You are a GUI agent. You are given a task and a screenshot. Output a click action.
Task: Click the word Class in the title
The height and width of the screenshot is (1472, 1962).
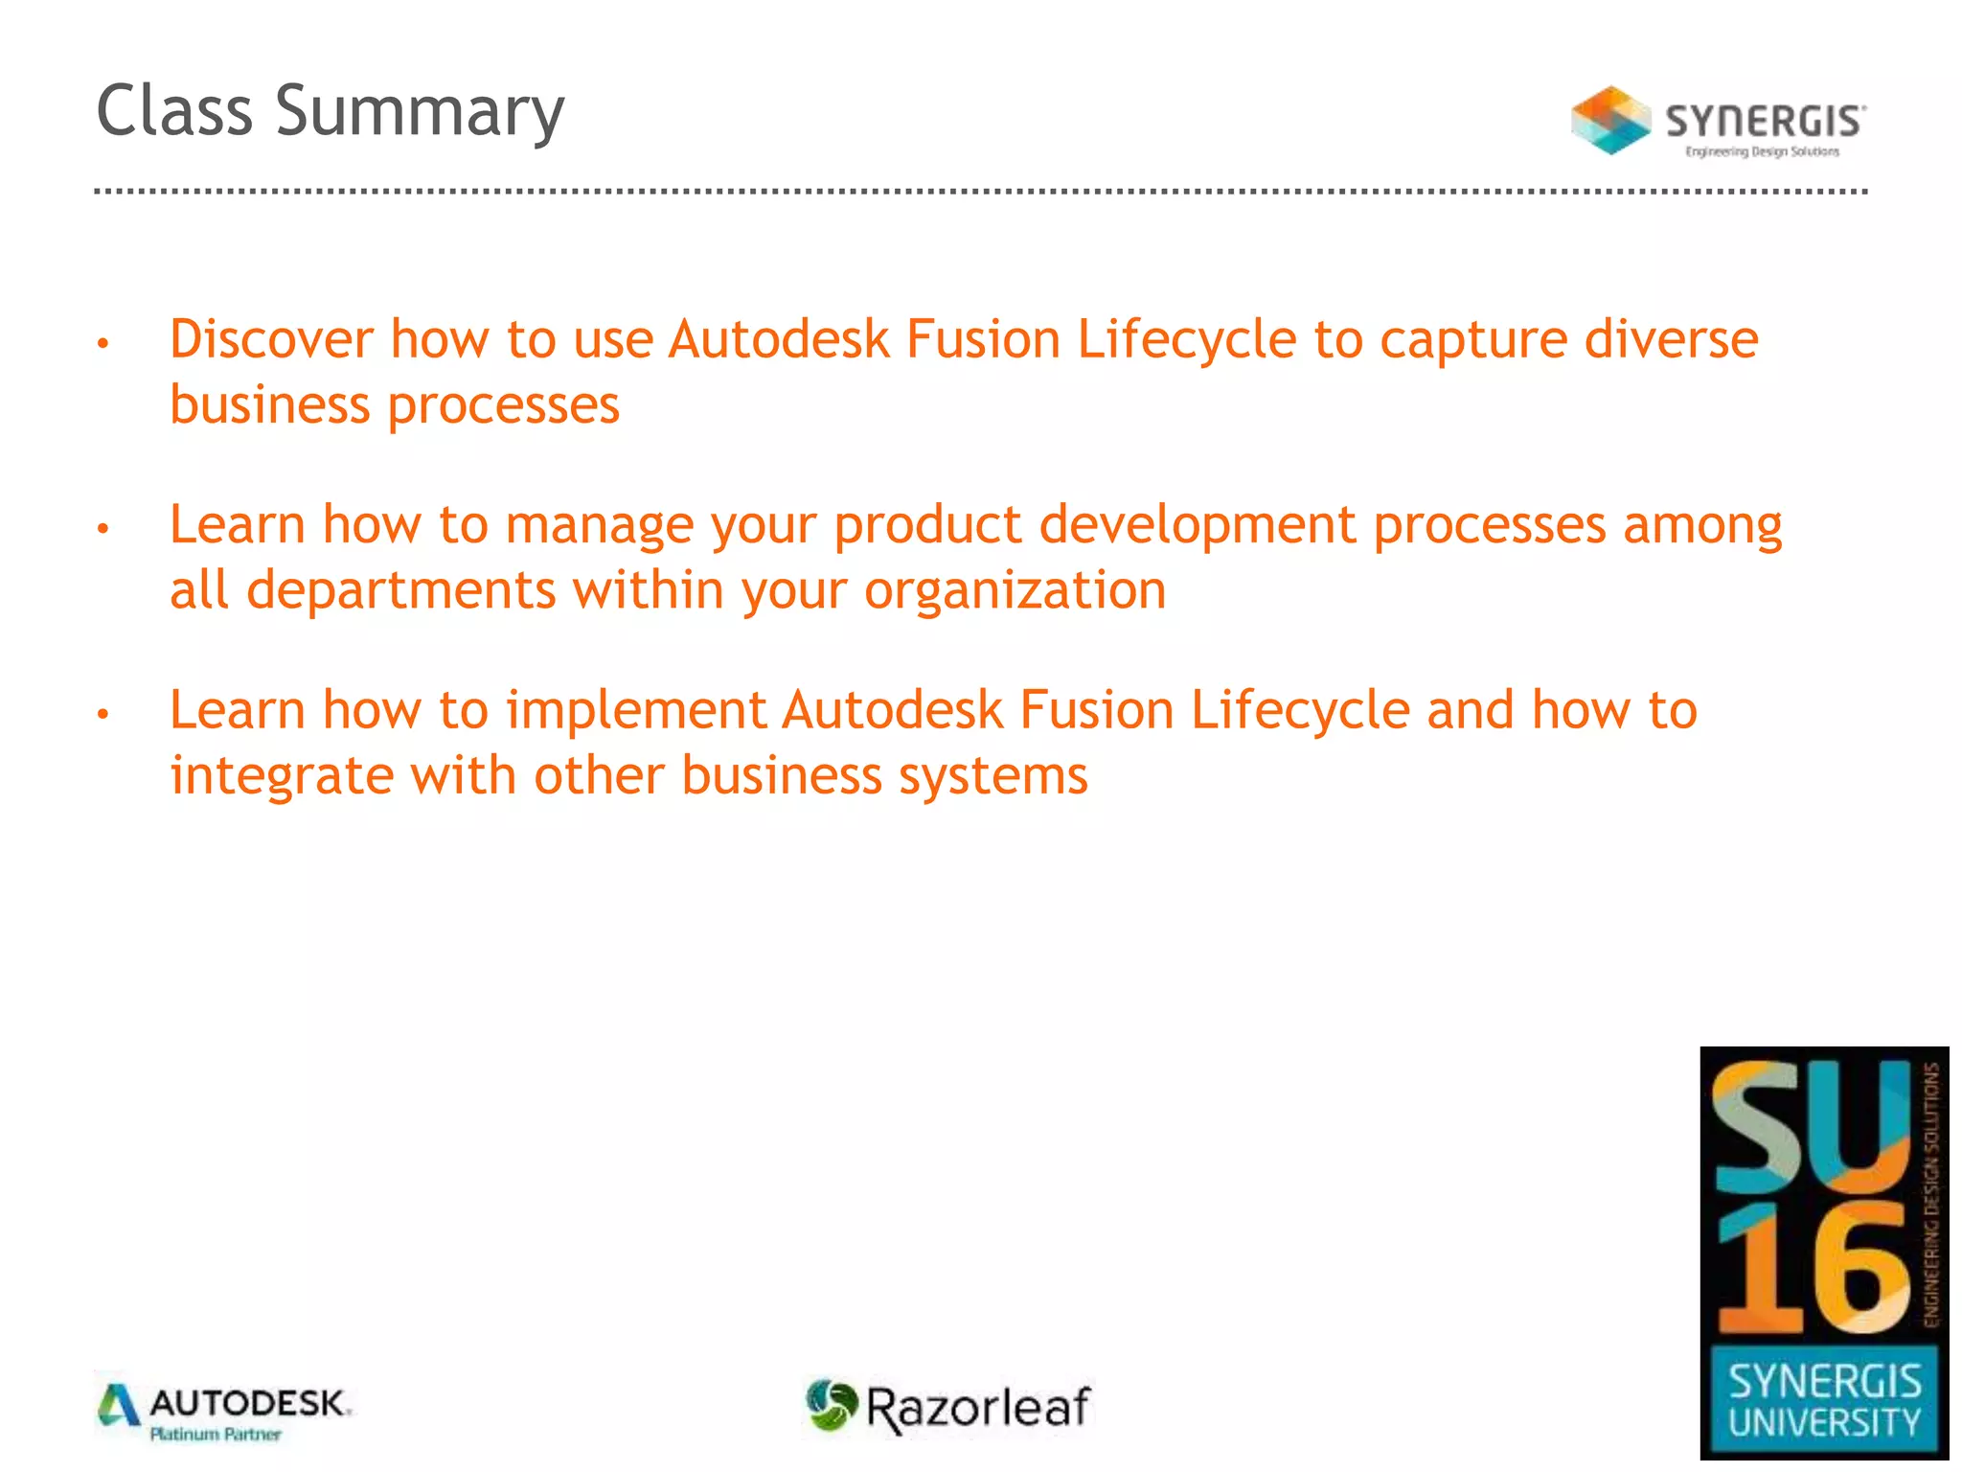click(174, 111)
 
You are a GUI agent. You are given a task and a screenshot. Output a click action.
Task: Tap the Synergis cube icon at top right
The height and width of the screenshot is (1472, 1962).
click(1610, 121)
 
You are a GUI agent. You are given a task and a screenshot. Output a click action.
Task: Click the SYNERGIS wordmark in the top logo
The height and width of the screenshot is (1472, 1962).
click(1765, 122)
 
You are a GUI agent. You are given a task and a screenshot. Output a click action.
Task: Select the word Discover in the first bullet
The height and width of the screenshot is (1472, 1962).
click(271, 339)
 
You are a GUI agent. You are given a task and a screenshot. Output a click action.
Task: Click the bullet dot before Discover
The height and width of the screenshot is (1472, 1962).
click(103, 343)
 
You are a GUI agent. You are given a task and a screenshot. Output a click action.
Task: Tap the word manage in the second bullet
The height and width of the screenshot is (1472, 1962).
click(599, 526)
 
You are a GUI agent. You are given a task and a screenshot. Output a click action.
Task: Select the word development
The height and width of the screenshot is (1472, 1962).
click(1198, 526)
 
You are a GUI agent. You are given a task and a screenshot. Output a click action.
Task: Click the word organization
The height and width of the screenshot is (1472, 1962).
click(1015, 590)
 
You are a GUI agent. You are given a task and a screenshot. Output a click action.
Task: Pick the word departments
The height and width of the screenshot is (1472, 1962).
click(400, 590)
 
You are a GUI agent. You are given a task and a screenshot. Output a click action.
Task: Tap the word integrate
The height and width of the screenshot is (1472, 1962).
click(281, 775)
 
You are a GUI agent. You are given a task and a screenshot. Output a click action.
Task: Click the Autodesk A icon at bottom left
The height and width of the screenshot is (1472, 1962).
click(119, 1406)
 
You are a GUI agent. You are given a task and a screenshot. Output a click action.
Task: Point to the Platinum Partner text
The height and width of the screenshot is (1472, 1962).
click(216, 1435)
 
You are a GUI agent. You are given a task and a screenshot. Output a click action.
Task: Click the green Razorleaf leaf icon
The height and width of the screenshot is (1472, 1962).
click(830, 1405)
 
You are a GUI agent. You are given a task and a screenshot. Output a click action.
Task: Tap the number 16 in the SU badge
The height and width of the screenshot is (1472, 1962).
click(1811, 1267)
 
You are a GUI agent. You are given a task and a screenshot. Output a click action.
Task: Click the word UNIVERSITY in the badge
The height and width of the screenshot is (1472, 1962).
click(1824, 1423)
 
